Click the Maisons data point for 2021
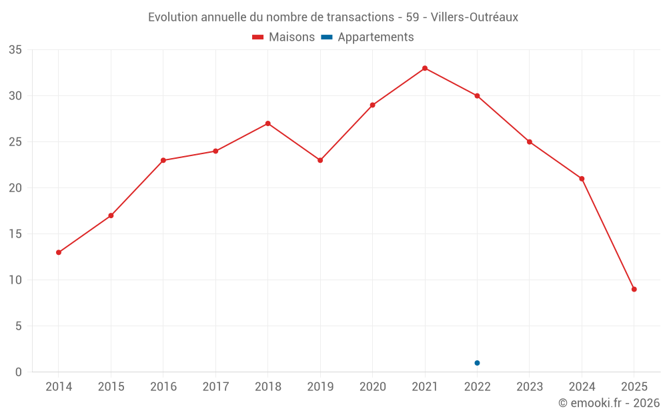425,68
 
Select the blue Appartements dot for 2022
477,363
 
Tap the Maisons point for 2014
59,252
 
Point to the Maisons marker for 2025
634,289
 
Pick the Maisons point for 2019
320,160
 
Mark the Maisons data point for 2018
267,123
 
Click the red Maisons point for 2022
477,96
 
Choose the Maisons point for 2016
163,160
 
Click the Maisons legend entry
283,37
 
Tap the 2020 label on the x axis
372,386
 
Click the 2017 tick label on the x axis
215,386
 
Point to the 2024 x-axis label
582,386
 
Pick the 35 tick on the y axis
15,50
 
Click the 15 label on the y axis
15,234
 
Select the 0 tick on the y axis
19,372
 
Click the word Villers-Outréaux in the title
474,17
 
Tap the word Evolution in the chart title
173,17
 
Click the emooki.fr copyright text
609,403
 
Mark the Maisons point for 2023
530,142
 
